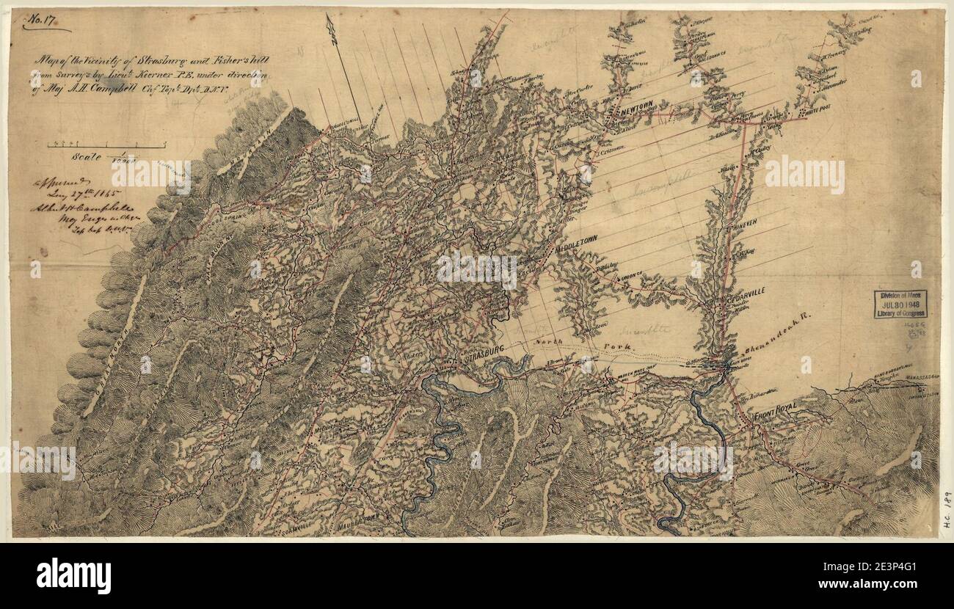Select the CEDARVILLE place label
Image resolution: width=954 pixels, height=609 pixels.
point(745,291)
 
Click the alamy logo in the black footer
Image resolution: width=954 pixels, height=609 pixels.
point(73,576)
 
